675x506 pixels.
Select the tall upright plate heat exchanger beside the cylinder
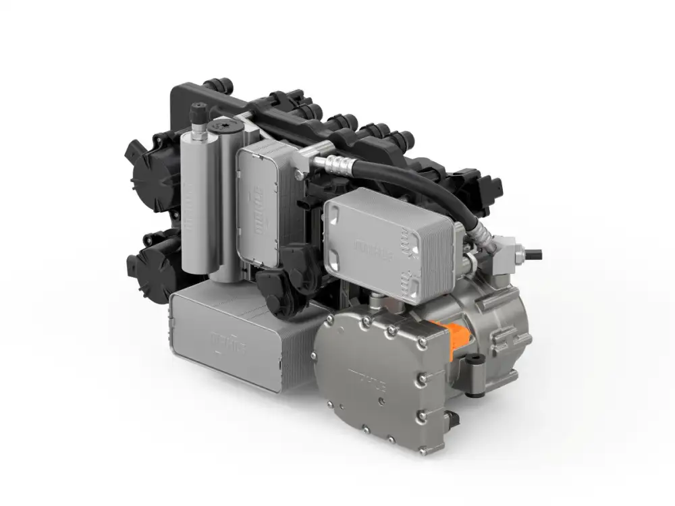click(258, 202)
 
